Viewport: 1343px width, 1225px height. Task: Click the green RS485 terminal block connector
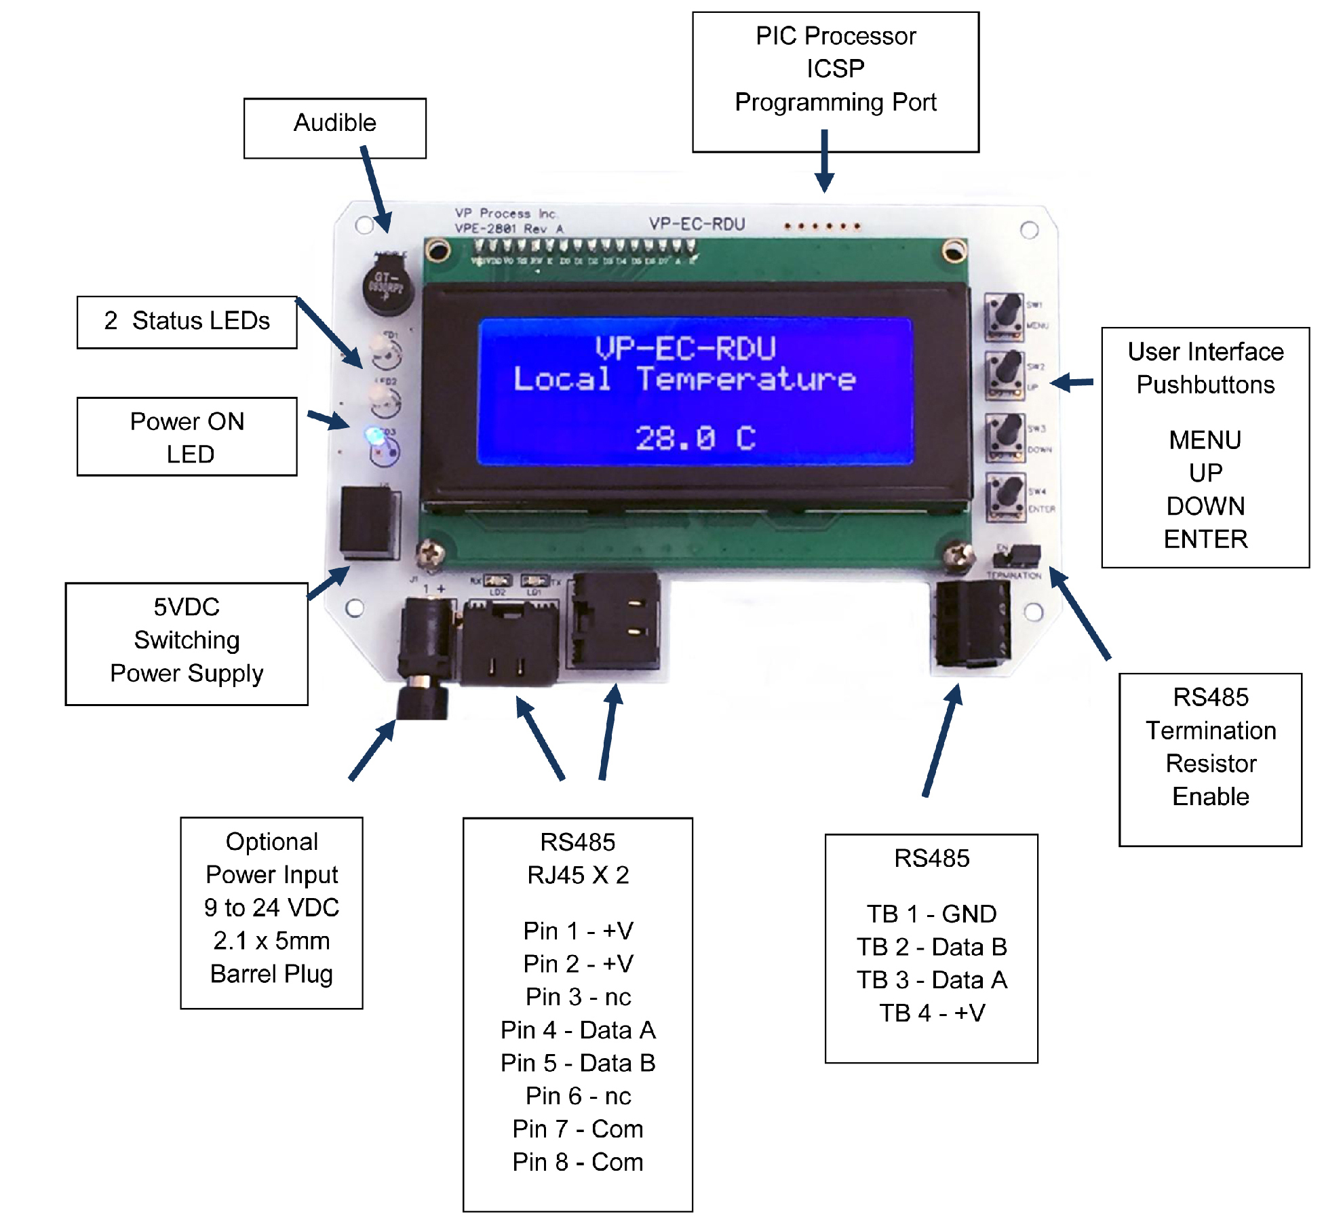[971, 624]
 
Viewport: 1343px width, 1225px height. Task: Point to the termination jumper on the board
[1016, 556]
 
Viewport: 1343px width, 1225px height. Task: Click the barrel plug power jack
[424, 651]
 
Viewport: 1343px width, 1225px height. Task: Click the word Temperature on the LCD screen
[746, 379]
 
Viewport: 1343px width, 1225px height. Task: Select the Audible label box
[335, 128]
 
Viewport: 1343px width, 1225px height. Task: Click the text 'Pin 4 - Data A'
[578, 1030]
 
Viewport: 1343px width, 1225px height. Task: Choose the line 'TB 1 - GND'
[931, 914]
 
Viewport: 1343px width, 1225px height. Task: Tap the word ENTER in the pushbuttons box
[1205, 539]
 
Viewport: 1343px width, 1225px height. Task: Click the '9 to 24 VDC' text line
[271, 908]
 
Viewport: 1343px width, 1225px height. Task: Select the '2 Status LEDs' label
[187, 321]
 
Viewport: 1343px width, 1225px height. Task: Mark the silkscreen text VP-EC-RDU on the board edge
[697, 224]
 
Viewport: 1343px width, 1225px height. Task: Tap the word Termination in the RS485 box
[1211, 731]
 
